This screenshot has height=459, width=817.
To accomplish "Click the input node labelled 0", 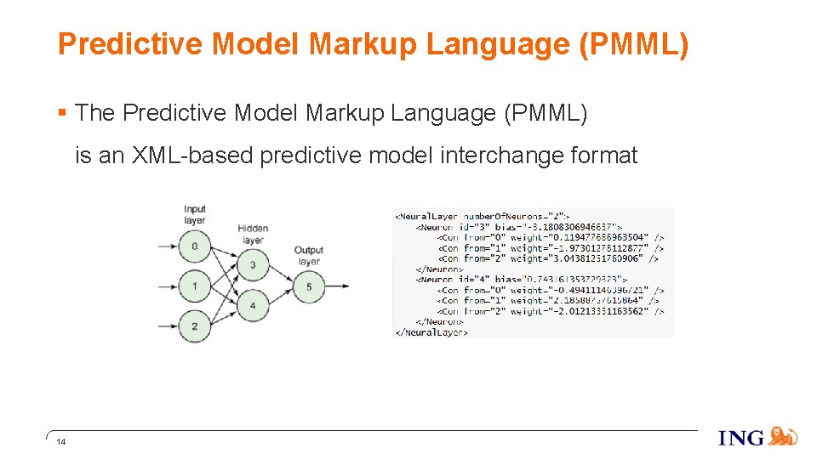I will tap(194, 247).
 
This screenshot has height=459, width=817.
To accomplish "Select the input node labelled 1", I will tap(194, 286).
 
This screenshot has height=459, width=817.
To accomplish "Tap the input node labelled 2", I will tap(194, 326).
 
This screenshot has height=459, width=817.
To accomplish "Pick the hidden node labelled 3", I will tap(252, 265).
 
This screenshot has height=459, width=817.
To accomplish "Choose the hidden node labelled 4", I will tap(252, 305).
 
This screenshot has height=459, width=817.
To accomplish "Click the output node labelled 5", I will tap(309, 286).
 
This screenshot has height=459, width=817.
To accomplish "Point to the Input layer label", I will tap(194, 215).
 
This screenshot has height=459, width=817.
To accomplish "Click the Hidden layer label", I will tap(253, 234).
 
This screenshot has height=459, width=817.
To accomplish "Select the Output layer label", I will tap(308, 256).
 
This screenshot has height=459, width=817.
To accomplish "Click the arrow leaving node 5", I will tap(337, 286).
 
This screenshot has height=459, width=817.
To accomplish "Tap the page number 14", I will tap(60, 442).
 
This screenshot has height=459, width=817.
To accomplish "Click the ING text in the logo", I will tap(741, 438).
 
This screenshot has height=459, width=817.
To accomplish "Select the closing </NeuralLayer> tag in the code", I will tap(431, 332).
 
